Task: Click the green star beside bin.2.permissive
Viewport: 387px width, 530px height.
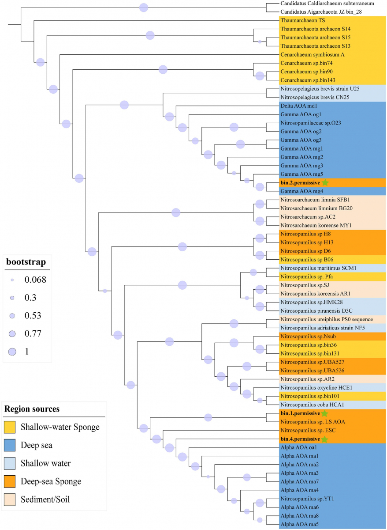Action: point(325,182)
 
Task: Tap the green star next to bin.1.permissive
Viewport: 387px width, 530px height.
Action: point(324,413)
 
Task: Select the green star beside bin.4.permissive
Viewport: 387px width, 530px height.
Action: point(324,439)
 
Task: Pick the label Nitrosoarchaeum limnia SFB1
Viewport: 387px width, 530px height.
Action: point(313,200)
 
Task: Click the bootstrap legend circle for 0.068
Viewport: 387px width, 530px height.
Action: point(12,280)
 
